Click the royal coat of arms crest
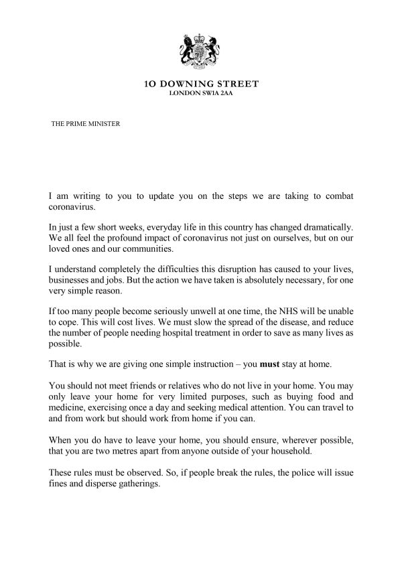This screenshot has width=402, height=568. coord(202,50)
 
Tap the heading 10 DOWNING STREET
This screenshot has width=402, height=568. coord(202,84)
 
